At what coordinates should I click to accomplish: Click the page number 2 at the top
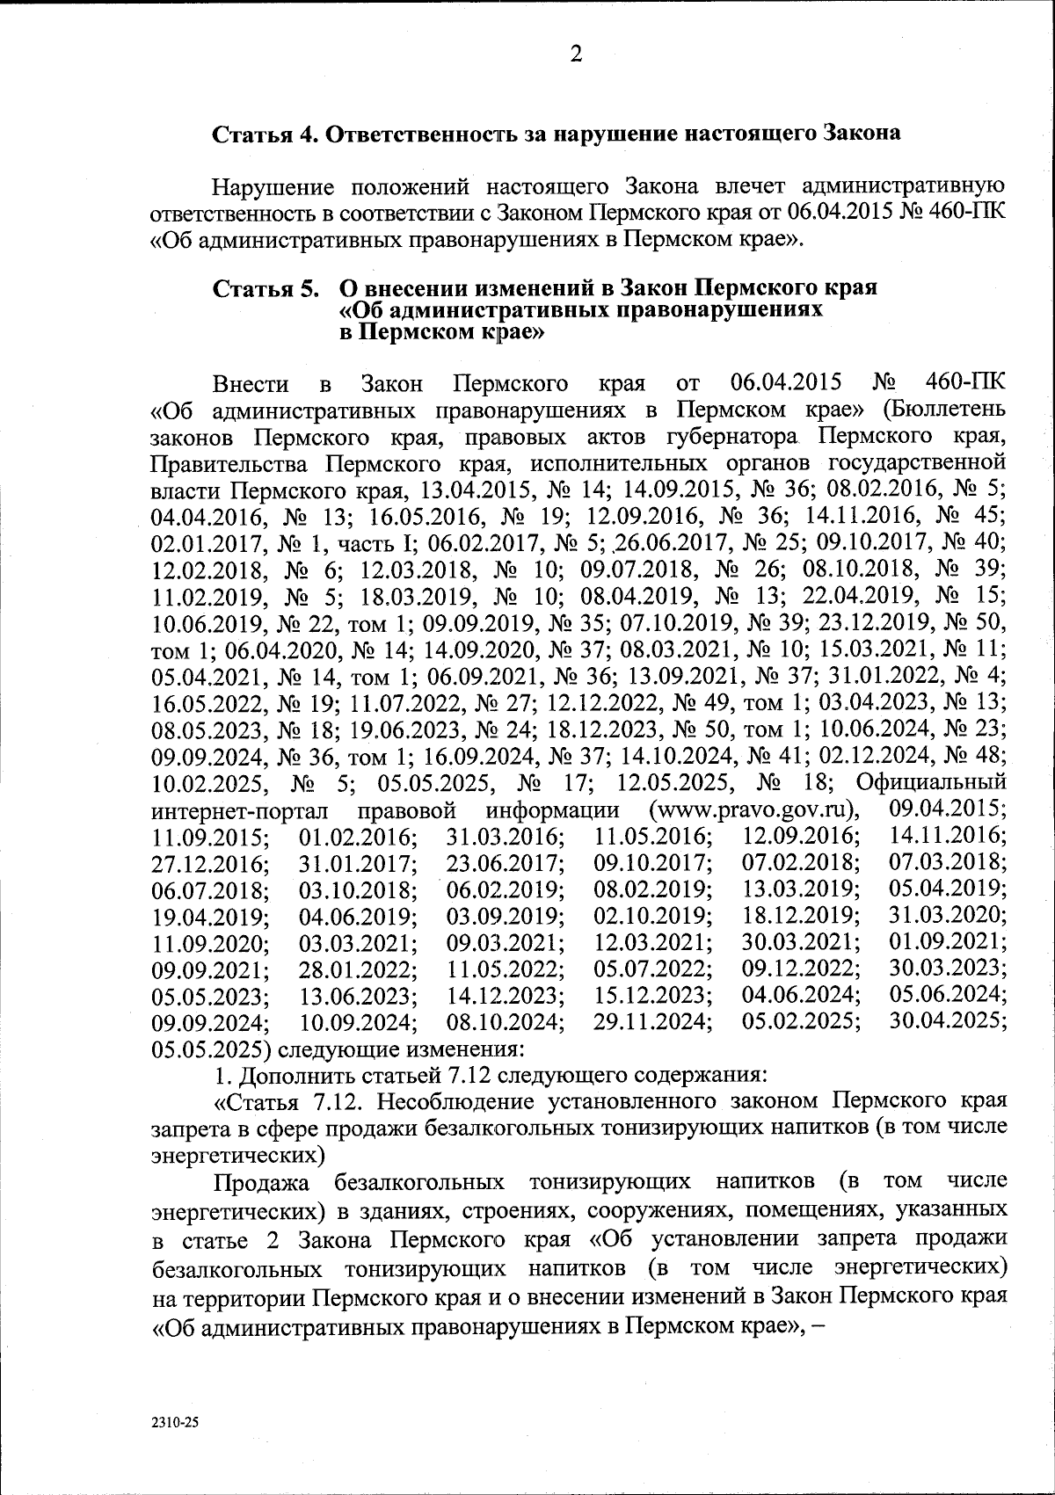pos(576,54)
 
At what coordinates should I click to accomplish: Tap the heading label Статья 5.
pos(265,288)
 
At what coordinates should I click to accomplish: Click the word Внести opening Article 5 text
pos(251,384)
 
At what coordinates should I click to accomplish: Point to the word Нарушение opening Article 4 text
pos(273,187)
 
